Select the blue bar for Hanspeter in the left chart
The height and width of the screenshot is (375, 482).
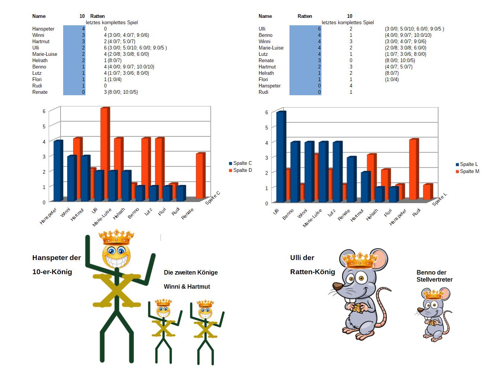(58, 171)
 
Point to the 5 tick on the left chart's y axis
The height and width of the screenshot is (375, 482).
(44, 126)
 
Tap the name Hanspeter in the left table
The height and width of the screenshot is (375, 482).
(43, 29)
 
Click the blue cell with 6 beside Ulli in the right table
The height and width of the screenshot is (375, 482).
(305, 29)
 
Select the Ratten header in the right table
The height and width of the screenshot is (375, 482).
(305, 16)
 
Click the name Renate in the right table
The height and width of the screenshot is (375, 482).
(266, 61)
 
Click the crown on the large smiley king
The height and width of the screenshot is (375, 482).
(116, 237)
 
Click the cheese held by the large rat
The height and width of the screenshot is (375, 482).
(357, 308)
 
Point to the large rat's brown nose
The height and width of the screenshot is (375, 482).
(337, 286)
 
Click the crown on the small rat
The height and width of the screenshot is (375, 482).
(434, 295)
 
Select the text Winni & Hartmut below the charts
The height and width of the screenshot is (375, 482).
(187, 287)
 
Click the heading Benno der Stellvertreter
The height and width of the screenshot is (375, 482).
(434, 276)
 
